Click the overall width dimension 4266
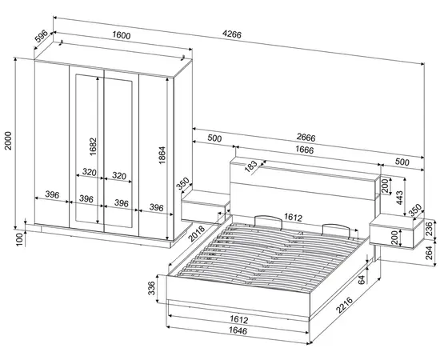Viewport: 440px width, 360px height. [232, 34]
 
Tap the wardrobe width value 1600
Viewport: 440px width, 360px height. [122, 36]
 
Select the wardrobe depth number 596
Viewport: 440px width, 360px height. [42, 34]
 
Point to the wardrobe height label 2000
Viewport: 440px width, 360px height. [9, 140]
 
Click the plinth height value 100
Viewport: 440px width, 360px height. [19, 239]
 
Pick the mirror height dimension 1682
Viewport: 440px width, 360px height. [93, 146]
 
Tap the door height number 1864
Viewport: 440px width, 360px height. [162, 155]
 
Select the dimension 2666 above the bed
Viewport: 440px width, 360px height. [306, 138]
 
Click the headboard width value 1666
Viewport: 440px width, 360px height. [305, 150]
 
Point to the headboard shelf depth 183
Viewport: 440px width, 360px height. [250, 166]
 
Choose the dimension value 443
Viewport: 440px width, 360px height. [399, 198]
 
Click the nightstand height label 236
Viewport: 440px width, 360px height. [430, 228]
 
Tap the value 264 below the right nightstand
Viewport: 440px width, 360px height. [430, 253]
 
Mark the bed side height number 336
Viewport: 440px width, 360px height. [151, 288]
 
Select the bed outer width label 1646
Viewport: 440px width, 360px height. [238, 330]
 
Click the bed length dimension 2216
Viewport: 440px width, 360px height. [345, 305]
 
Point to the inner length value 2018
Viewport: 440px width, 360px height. [197, 234]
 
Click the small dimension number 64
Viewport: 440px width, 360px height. [362, 279]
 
